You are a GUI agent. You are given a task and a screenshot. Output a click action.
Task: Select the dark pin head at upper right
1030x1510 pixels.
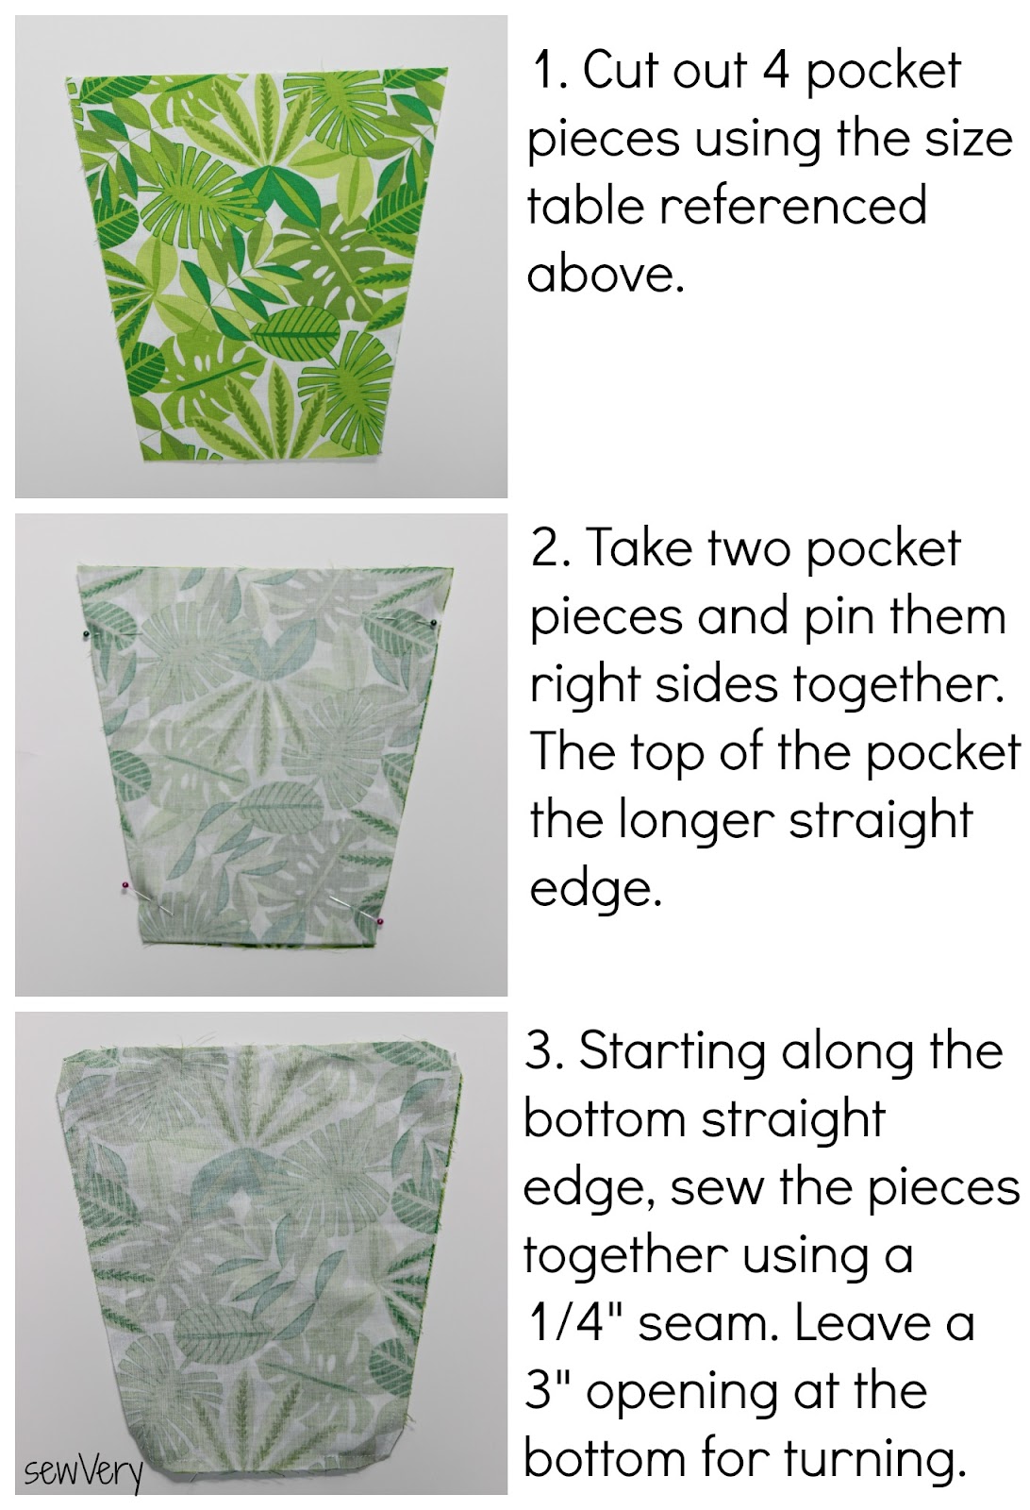point(432,622)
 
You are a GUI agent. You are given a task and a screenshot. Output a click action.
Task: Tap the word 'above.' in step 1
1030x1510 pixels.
point(605,276)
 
